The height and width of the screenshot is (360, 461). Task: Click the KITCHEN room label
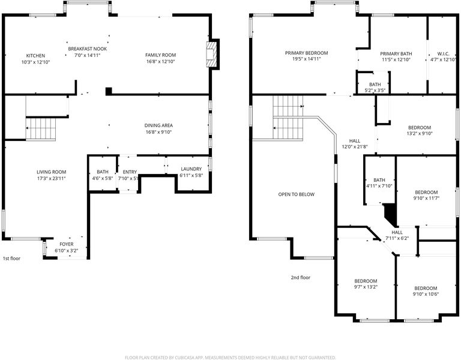pyautogui.click(x=35, y=56)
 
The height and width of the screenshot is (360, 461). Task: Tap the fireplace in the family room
pyautogui.click(x=211, y=55)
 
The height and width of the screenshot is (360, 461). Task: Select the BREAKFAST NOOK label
pyautogui.click(x=87, y=49)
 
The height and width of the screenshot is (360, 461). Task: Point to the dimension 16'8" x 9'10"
pyautogui.click(x=158, y=132)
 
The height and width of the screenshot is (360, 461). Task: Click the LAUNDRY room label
pyautogui.click(x=191, y=169)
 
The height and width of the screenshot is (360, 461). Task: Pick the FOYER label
pyautogui.click(x=67, y=244)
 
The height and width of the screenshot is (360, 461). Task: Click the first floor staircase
pyautogui.click(x=41, y=128)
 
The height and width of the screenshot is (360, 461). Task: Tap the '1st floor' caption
pyautogui.click(x=11, y=259)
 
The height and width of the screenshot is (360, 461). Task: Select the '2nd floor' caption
pyautogui.click(x=301, y=277)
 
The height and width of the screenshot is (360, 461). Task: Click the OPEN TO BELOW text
pyautogui.click(x=296, y=194)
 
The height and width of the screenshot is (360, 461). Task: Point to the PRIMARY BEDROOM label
pyautogui.click(x=306, y=53)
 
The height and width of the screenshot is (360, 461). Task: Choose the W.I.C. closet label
pyautogui.click(x=443, y=54)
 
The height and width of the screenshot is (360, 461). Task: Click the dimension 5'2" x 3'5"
pyautogui.click(x=375, y=91)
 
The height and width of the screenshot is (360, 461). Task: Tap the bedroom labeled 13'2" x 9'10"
pyautogui.click(x=420, y=128)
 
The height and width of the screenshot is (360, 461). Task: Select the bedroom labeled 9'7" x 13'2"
pyautogui.click(x=366, y=281)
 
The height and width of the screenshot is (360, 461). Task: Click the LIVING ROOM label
pyautogui.click(x=51, y=172)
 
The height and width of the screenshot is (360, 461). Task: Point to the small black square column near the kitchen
pyautogui.click(x=109, y=91)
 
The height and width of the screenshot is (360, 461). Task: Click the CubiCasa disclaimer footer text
pyautogui.click(x=230, y=358)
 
